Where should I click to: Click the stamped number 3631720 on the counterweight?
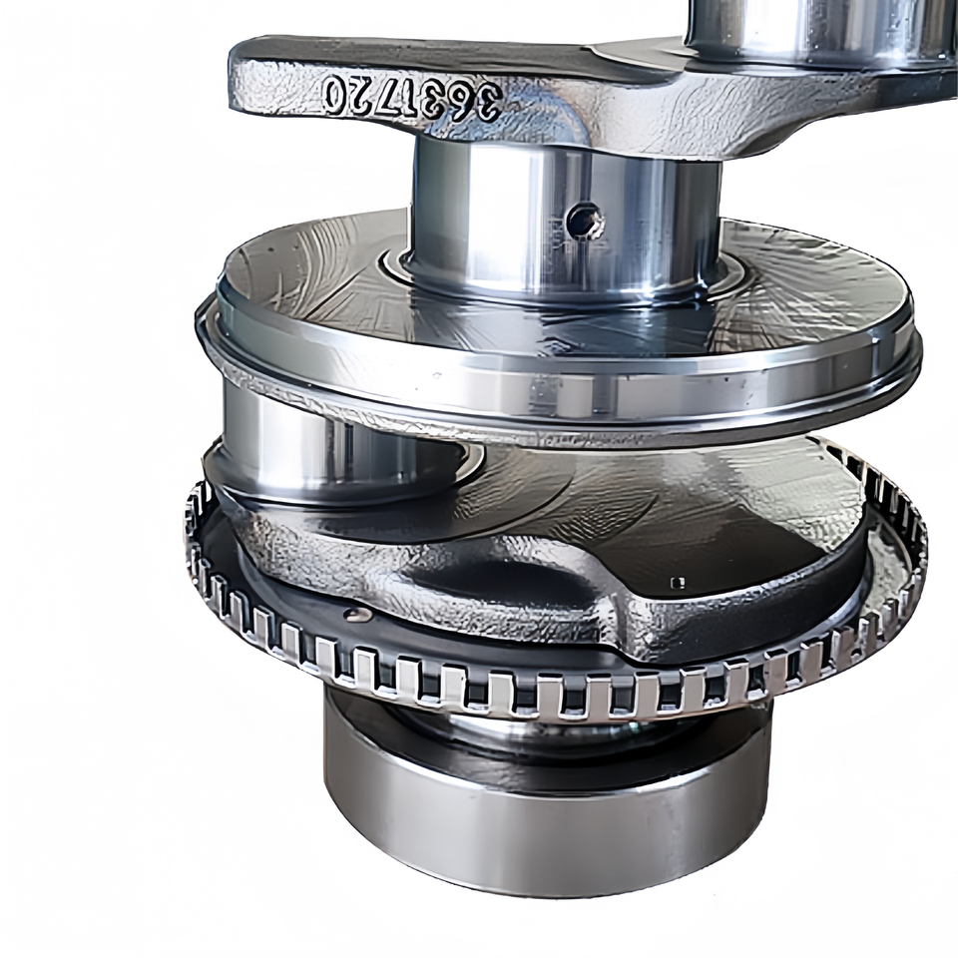[413, 97]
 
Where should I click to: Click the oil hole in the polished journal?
[586, 220]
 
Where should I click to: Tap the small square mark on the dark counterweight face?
[677, 582]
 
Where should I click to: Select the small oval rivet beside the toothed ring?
[356, 614]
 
